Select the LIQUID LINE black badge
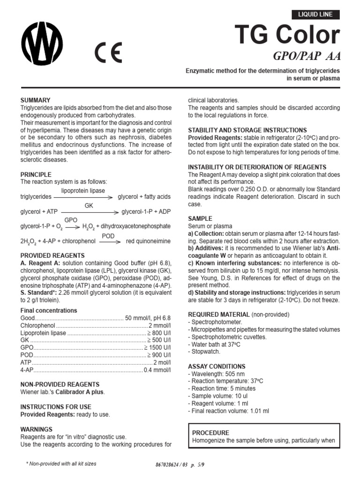[x=315, y=15]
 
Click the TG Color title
[x=294, y=35]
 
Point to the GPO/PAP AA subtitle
[x=307, y=57]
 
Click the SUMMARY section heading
[x=35, y=100]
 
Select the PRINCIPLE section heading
[x=36, y=174]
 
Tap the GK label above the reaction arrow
[x=89, y=206]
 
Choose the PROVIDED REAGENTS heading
[x=52, y=255]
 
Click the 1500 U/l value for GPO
[x=157, y=348]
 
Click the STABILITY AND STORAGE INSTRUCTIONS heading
[x=247, y=130]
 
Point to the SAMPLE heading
[x=200, y=219]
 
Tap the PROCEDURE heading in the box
[x=211, y=433]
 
